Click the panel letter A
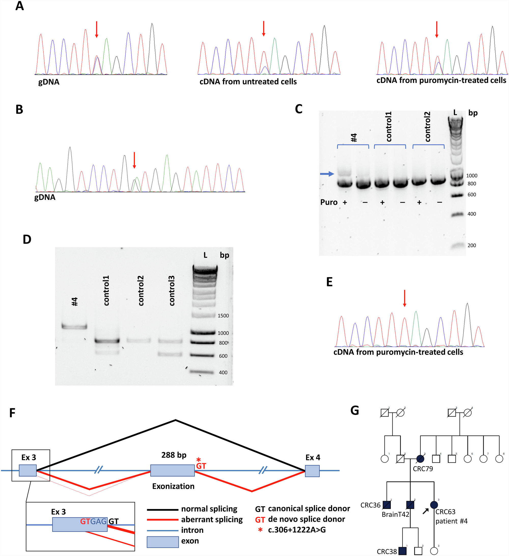[19, 6]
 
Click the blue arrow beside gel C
[327, 174]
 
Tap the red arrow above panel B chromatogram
[134, 160]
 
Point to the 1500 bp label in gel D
[223, 315]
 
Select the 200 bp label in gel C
[472, 245]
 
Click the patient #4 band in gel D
[74, 327]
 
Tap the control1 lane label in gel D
[106, 290]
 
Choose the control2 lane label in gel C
[427, 127]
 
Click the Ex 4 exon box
[312, 471]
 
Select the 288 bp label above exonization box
[174, 455]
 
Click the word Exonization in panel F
[173, 486]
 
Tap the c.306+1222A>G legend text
[297, 530]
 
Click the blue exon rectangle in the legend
[163, 542]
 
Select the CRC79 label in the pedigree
[423, 469]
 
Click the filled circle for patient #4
[434, 505]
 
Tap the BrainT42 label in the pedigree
[395, 514]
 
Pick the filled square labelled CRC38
[403, 551]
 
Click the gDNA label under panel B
[45, 197]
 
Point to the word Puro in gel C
[329, 202]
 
